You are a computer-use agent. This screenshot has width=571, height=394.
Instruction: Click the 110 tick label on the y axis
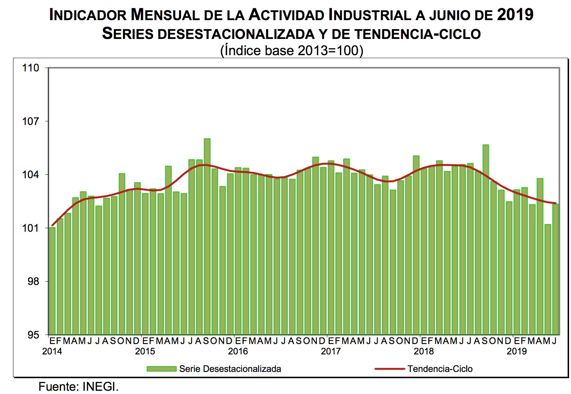(30, 68)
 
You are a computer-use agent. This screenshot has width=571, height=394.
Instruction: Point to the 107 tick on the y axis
(30, 121)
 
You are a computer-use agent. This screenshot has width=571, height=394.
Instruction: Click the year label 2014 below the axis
(52, 351)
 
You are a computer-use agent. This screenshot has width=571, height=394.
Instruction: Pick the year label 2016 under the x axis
(238, 351)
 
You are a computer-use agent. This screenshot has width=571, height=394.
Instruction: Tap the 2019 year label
(516, 351)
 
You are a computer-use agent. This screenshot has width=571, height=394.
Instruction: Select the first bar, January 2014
(52, 281)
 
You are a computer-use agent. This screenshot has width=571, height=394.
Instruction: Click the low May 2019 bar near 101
(548, 279)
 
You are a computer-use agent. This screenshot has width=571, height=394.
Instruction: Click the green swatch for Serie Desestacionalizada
(161, 369)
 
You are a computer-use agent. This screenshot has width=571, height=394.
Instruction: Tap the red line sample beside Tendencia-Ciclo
(390, 369)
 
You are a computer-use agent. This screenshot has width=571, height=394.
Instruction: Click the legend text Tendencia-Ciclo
(440, 369)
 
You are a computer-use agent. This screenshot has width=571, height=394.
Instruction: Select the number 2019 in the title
(515, 15)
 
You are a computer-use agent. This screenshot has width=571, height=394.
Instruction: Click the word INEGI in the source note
(100, 387)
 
